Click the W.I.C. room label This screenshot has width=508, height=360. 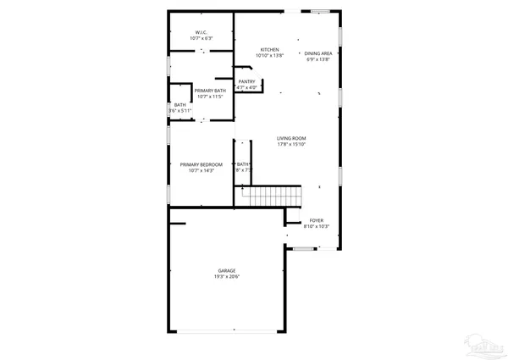pos(202,32)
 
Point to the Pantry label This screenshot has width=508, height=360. pos(246,81)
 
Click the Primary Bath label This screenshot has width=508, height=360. pos(209,91)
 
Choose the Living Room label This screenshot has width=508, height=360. pos(291,138)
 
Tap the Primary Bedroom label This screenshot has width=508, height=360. pos(202,164)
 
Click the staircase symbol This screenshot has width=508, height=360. pos(272,196)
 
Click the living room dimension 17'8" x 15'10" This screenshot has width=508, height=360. pos(291,144)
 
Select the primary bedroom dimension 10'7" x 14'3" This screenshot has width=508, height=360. pos(202,171)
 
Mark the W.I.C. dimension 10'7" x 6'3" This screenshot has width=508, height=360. pos(202,39)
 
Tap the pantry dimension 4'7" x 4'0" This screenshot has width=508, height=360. pos(246,87)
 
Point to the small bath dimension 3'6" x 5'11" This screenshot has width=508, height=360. pos(180,111)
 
